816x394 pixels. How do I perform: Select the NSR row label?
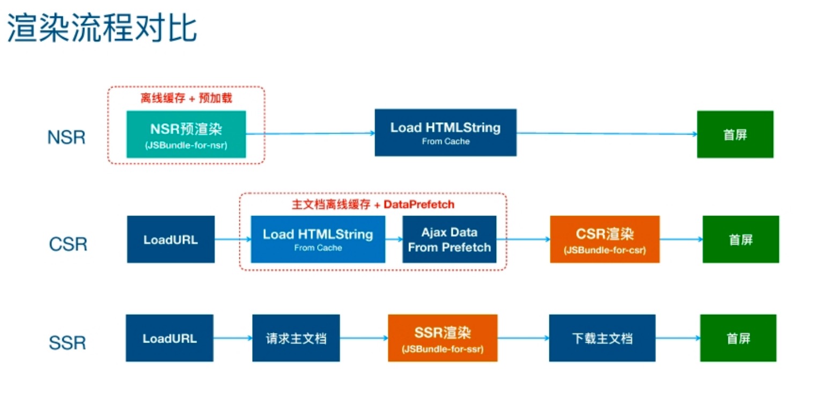(67, 138)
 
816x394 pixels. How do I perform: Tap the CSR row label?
(68, 244)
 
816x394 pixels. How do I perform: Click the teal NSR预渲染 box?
(186, 134)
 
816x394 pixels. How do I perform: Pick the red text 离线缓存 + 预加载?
(186, 98)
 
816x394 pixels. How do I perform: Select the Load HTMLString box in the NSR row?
(445, 133)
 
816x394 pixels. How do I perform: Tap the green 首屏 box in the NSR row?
(735, 134)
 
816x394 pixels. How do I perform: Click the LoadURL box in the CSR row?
(171, 240)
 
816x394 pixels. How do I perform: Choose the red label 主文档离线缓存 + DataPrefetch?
(373, 204)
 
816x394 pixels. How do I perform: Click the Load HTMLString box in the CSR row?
(318, 240)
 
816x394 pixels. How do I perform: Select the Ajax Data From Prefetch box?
(449, 240)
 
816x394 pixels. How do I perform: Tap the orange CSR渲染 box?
(605, 240)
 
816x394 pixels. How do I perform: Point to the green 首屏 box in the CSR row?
(740, 240)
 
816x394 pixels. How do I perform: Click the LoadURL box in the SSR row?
(170, 338)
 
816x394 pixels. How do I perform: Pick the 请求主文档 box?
(296, 338)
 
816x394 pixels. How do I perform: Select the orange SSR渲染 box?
(443, 338)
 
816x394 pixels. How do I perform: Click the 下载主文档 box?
(602, 338)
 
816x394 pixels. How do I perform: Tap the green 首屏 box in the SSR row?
(738, 338)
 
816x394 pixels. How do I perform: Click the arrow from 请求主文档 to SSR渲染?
(364, 338)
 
